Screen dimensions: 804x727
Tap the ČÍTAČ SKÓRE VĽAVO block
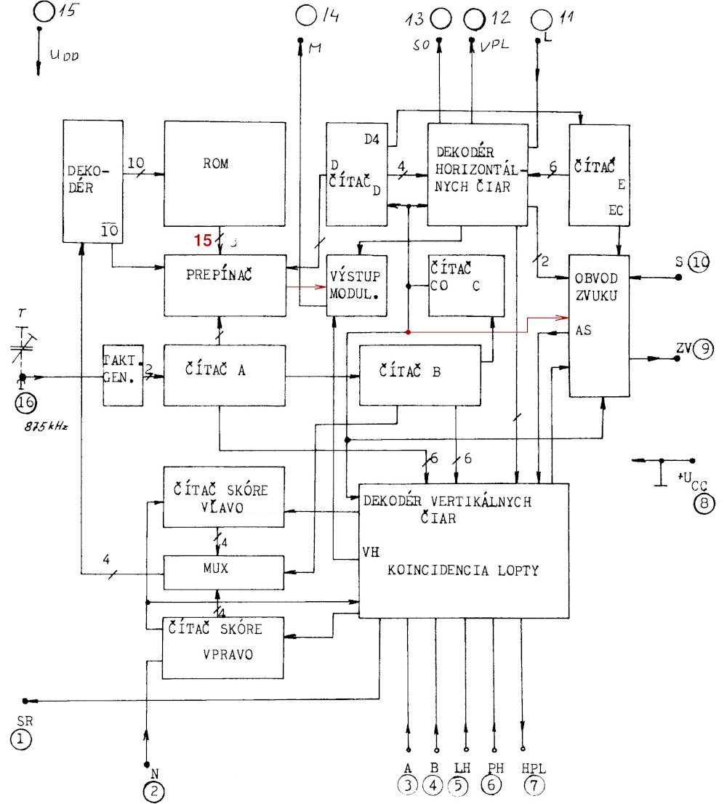[x=222, y=498]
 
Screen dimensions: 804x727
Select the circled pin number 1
[x=22, y=741]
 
